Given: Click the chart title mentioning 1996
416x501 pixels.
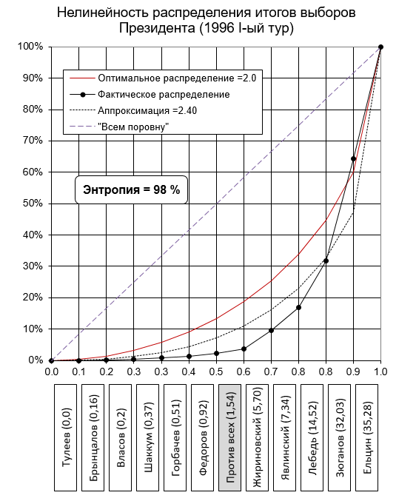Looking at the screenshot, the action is click(x=206, y=20).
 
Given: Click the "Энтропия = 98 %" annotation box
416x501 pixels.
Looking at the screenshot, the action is click(x=131, y=189).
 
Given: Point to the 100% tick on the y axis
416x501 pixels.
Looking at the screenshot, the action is click(x=30, y=47).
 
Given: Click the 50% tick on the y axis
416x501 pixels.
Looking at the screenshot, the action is click(x=33, y=204).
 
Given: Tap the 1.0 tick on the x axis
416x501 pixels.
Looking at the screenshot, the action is click(x=380, y=371).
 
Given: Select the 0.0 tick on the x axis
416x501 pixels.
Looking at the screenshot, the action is click(x=51, y=371).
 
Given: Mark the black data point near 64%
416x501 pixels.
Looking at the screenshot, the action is click(x=353, y=159).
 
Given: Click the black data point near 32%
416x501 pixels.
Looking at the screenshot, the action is click(x=326, y=260).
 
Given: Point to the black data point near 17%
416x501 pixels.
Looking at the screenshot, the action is click(x=298, y=307).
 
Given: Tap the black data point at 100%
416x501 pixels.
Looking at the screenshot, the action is click(x=380, y=47).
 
